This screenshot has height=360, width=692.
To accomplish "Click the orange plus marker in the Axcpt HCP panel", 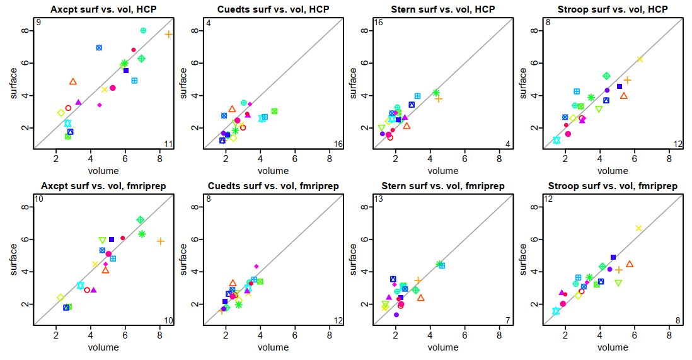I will pyautogui.click(x=169, y=34).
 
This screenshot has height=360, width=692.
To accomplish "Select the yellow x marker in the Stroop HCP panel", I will pyautogui.click(x=640, y=59).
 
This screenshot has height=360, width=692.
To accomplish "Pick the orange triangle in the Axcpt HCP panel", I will pyautogui.click(x=73, y=81).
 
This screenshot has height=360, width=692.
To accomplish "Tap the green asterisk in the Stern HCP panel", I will pyautogui.click(x=435, y=93).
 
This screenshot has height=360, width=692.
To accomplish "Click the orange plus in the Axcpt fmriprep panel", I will pyautogui.click(x=161, y=241).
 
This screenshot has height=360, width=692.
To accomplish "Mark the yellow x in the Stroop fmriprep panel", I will pyautogui.click(x=638, y=228).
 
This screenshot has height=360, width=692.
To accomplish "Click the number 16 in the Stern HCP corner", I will pyautogui.click(x=379, y=23).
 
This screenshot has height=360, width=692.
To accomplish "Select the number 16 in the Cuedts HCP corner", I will pyautogui.click(x=338, y=144).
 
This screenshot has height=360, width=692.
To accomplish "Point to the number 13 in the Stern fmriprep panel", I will pyautogui.click(x=379, y=200).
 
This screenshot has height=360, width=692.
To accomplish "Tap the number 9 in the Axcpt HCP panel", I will pyautogui.click(x=38, y=23).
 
